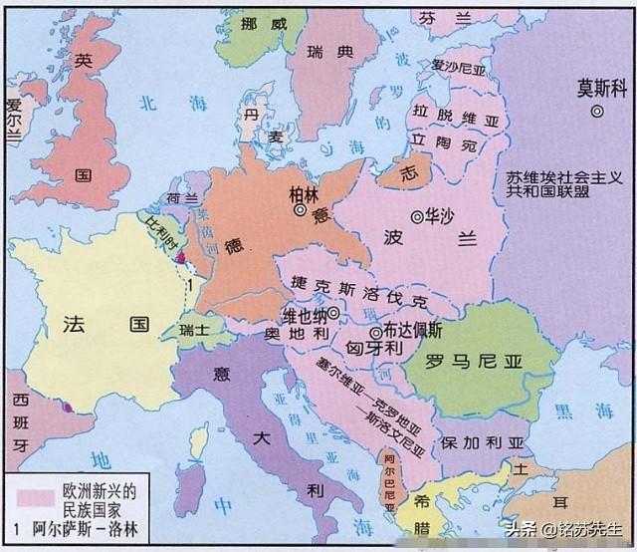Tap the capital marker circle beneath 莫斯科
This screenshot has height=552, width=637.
point(596,113)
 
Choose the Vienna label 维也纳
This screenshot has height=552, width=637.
point(305,314)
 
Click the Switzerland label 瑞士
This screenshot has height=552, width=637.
point(194,328)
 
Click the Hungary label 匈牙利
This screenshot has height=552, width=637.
point(374,348)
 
